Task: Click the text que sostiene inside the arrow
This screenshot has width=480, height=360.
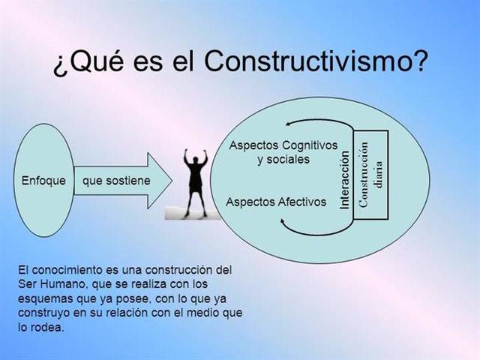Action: click(116, 181)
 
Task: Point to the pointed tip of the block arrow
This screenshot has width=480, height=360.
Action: click(173, 181)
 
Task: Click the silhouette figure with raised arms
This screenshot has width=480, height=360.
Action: click(196, 184)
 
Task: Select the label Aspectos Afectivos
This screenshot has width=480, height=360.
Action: click(276, 202)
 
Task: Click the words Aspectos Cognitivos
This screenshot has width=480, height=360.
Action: click(283, 145)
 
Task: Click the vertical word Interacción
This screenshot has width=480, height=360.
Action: click(346, 179)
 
